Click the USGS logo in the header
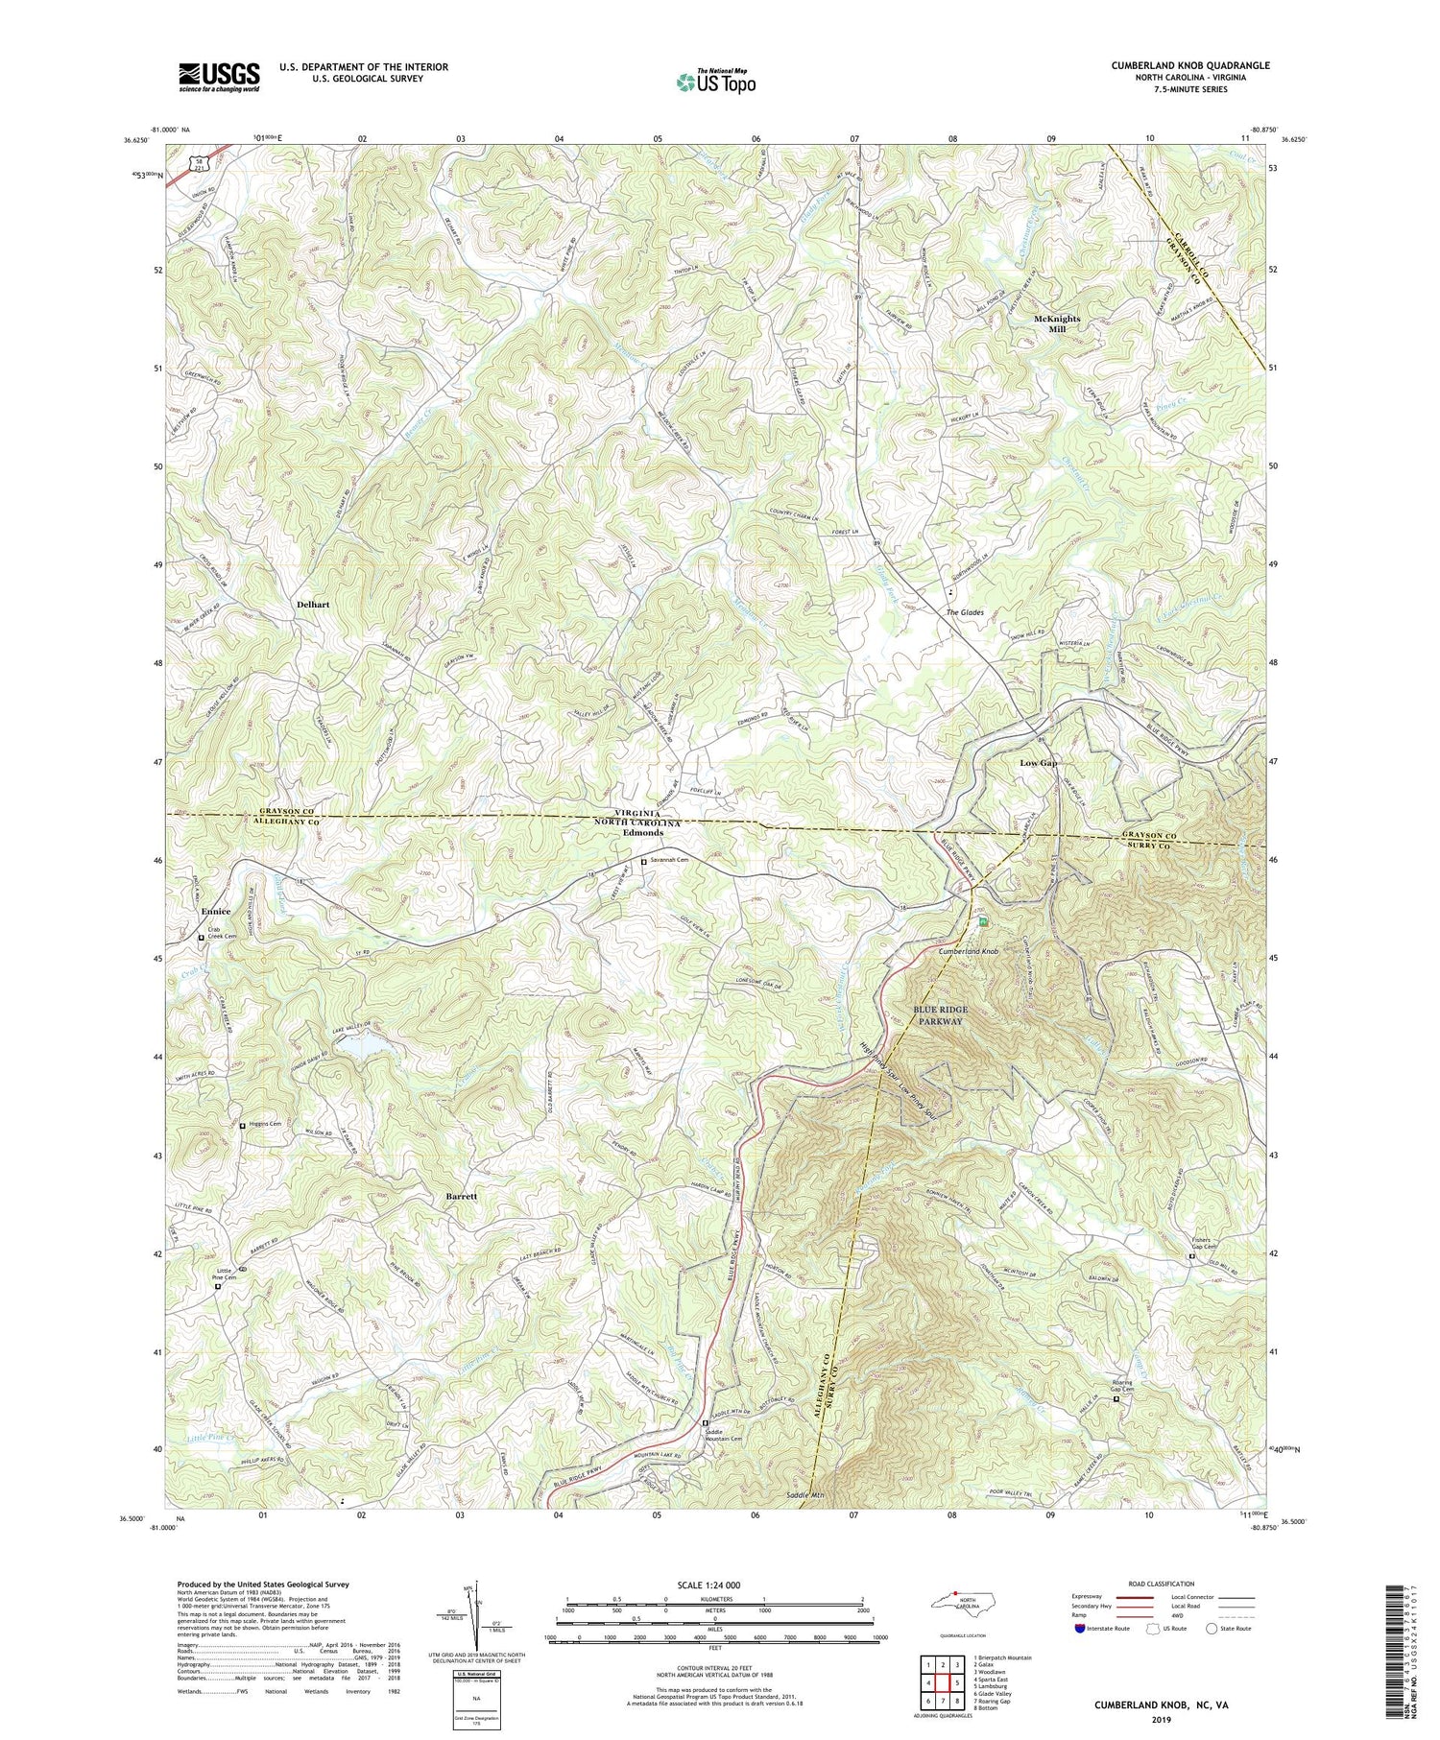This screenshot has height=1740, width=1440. [x=219, y=77]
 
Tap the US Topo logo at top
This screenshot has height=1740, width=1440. [x=715, y=82]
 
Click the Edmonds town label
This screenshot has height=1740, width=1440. [x=643, y=833]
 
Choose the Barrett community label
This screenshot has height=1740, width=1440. [x=462, y=1198]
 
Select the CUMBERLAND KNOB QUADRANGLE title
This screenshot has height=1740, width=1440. [x=1177, y=65]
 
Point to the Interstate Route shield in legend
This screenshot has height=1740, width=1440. [x=1081, y=1629]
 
